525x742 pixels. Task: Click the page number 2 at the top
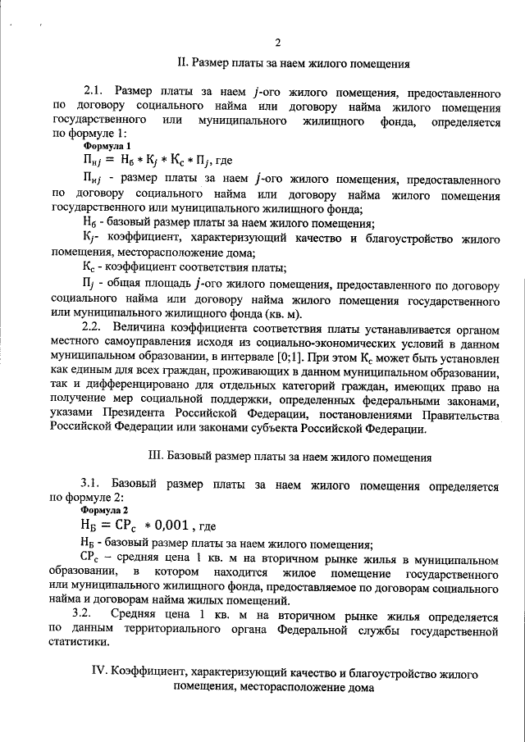point(278,43)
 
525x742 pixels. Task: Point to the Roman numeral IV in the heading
point(98,673)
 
